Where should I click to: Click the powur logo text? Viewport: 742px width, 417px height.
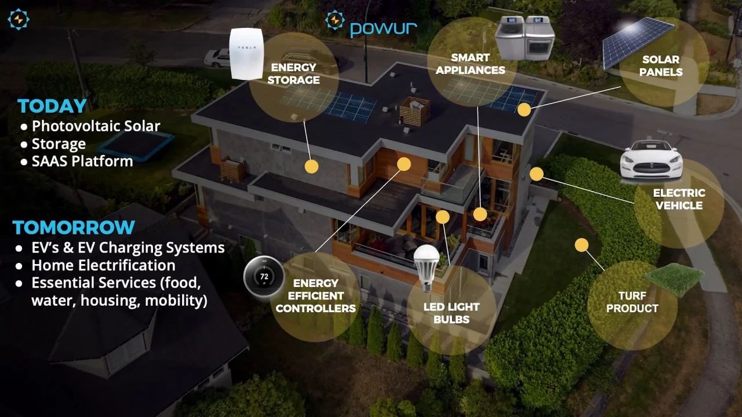[383, 27]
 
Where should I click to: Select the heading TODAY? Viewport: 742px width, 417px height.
[52, 106]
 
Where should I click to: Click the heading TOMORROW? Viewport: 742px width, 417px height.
[74, 227]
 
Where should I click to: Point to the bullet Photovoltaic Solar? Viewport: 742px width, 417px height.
[96, 126]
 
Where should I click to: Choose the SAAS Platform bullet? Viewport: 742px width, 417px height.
[82, 161]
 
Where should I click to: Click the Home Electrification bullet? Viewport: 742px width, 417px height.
[103, 265]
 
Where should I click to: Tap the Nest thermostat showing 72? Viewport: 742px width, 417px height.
[264, 276]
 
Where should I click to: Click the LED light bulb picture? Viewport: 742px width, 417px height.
[427, 266]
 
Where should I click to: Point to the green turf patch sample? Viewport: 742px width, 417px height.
[674, 279]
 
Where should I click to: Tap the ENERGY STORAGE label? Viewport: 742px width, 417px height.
[294, 74]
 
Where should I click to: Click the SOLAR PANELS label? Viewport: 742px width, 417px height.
[661, 66]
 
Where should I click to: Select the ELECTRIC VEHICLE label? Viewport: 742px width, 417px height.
[679, 199]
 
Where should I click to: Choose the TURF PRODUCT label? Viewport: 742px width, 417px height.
[632, 302]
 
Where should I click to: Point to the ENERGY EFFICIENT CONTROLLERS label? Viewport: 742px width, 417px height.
[315, 295]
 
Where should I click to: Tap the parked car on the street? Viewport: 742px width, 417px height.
[218, 57]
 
